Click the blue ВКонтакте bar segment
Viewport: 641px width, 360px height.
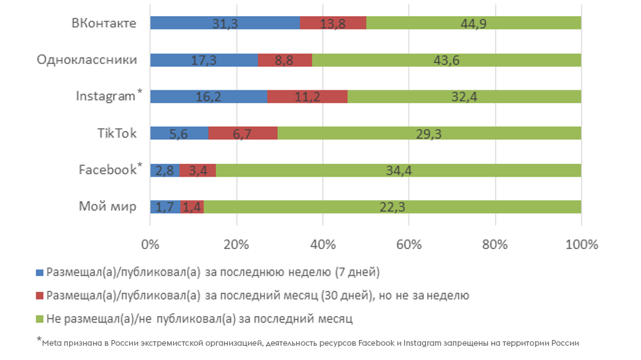[x=225, y=23]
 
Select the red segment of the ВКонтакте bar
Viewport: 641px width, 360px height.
[x=333, y=23]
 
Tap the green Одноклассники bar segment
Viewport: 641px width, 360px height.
[x=446, y=60]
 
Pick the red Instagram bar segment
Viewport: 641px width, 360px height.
[x=307, y=97]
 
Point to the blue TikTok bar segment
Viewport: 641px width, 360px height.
[x=179, y=134]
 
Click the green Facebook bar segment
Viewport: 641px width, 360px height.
[x=398, y=170]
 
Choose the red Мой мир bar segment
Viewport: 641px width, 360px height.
[x=192, y=207]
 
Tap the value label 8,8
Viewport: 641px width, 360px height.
[x=285, y=60]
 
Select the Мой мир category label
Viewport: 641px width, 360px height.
[x=108, y=207]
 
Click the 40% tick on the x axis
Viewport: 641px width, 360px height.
[x=323, y=245]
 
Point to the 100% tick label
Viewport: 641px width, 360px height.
[x=581, y=245]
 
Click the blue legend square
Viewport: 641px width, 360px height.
[x=39, y=272]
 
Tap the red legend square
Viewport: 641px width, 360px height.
[x=39, y=295]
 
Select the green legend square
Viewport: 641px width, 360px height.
[x=39, y=319]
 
